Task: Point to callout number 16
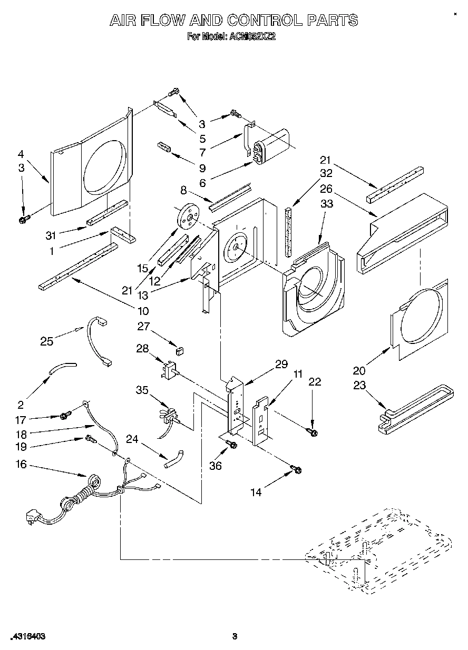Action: pos(21,465)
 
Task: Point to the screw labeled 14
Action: pos(296,468)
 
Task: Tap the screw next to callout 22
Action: pos(313,432)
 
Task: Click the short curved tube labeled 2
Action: pos(62,367)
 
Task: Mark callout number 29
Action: pos(281,363)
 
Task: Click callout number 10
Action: pos(143,311)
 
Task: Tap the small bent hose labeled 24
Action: pos(174,458)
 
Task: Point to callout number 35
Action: pos(141,391)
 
